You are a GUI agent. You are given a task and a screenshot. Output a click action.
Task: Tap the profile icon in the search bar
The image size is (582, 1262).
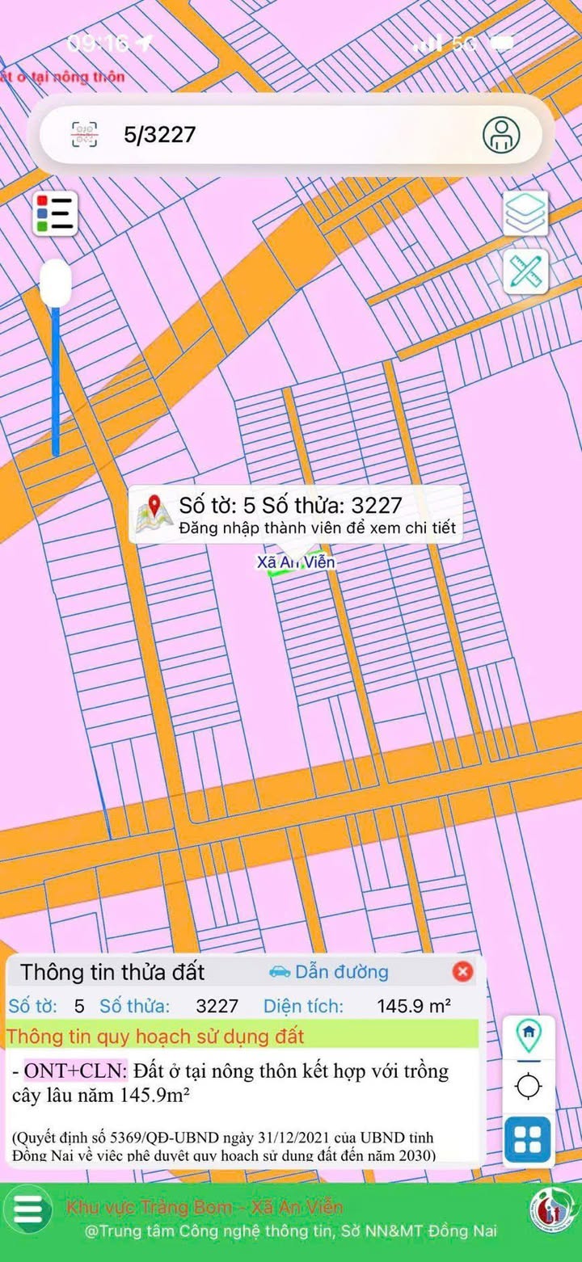pyautogui.click(x=501, y=134)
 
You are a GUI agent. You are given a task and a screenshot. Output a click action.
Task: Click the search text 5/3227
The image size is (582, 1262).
pyautogui.click(x=159, y=134)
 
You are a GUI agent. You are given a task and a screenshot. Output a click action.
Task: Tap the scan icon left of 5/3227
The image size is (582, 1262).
pyautogui.click(x=85, y=134)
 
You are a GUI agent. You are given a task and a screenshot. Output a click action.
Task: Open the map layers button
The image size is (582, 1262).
pyautogui.click(x=525, y=212)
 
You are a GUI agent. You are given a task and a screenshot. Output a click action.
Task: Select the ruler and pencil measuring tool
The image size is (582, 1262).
pyautogui.click(x=525, y=271)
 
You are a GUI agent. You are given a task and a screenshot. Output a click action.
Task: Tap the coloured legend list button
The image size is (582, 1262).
pyautogui.click(x=55, y=214)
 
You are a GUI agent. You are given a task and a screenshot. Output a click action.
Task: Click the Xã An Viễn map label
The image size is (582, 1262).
pyautogui.click(x=296, y=562)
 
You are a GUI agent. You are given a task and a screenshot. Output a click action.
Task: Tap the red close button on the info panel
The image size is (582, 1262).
pyautogui.click(x=462, y=971)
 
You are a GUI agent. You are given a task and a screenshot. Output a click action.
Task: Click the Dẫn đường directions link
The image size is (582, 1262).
pyautogui.click(x=329, y=971)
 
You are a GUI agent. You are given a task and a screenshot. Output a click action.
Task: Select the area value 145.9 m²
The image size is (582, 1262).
pyautogui.click(x=414, y=1006)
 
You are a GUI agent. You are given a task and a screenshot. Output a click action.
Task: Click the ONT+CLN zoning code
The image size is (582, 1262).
pyautogui.click(x=75, y=1071)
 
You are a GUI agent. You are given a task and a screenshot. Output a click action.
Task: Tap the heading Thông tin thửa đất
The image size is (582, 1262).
pyautogui.click(x=112, y=971)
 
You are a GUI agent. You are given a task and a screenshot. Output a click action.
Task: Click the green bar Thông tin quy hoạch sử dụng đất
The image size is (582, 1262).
pyautogui.click(x=242, y=1035)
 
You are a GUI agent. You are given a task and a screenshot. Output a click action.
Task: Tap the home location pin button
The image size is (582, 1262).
pyautogui.click(x=528, y=1033)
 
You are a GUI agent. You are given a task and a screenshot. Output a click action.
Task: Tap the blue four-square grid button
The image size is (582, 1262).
pyautogui.click(x=528, y=1138)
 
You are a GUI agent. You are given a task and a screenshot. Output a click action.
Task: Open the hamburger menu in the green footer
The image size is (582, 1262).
pyautogui.click(x=28, y=1209)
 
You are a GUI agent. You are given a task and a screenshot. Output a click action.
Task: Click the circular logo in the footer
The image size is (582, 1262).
pyautogui.click(x=553, y=1210)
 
